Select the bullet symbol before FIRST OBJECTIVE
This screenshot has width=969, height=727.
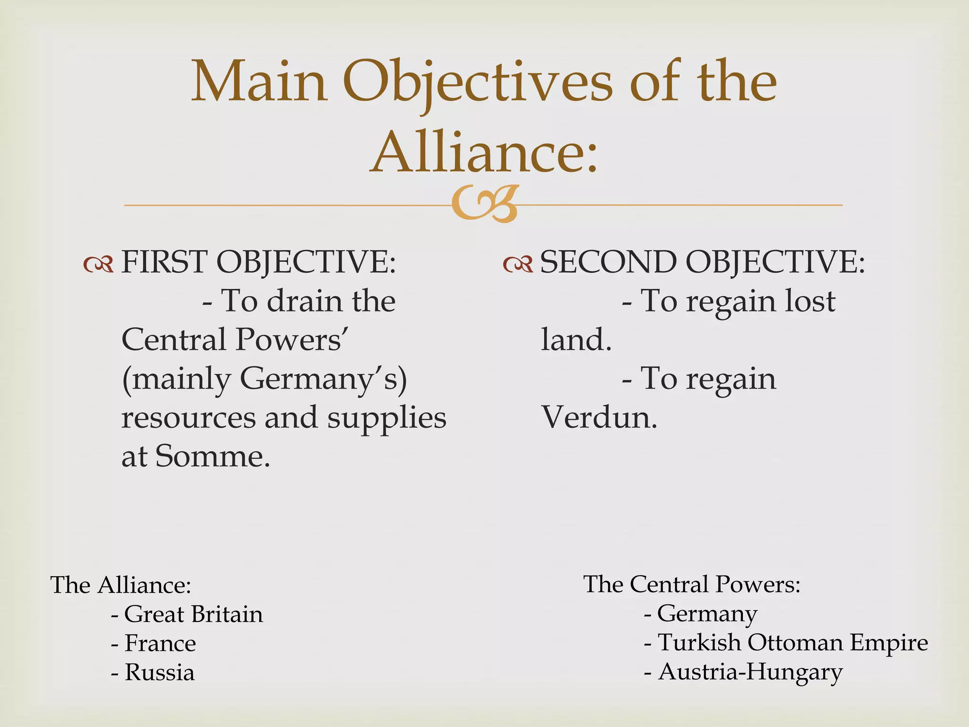[98, 265]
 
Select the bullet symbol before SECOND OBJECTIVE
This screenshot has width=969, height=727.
[518, 265]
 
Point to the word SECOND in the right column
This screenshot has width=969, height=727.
[608, 262]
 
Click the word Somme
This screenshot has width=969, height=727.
[212, 457]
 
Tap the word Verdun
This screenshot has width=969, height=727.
[599, 417]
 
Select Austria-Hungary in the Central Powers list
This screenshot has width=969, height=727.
[750, 672]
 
